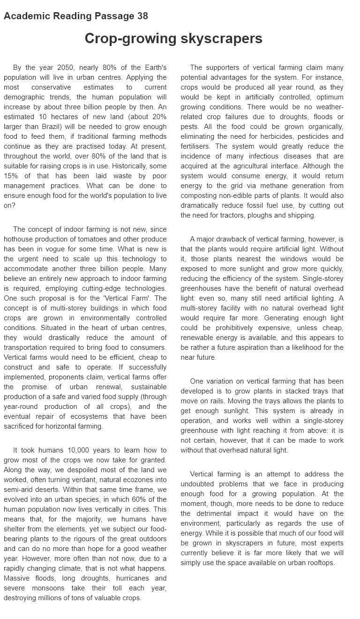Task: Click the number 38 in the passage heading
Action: click(x=142, y=16)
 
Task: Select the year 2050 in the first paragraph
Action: click(x=66, y=68)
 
